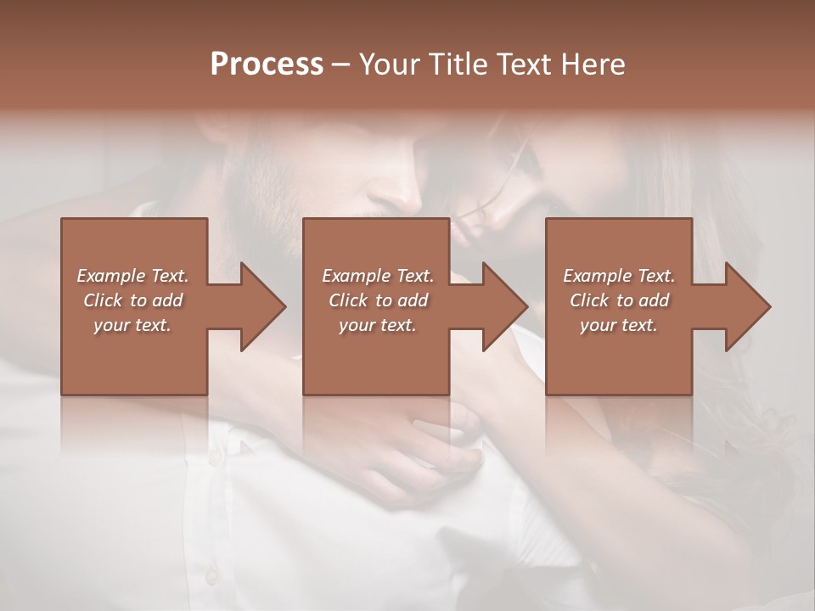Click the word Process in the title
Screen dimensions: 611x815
tap(267, 64)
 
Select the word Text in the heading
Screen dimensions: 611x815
tap(523, 64)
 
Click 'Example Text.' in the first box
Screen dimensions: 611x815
tap(132, 276)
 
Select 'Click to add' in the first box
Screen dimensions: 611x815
tap(132, 300)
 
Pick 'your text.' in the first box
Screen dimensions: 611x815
tap(132, 325)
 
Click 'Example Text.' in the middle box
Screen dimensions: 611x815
tap(378, 276)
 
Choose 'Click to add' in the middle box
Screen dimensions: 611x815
tap(378, 300)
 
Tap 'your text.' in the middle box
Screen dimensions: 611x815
tap(378, 325)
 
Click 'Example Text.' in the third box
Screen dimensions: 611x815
tap(619, 276)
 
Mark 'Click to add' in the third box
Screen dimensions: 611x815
tap(619, 300)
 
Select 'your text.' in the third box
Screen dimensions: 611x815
tap(619, 325)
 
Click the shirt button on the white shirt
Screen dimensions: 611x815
tap(214, 457)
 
